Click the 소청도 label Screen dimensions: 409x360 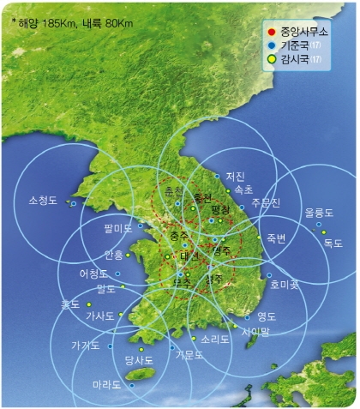tap(43, 202)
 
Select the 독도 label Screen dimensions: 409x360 tap(332, 243)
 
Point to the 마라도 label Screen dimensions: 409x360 tap(106, 384)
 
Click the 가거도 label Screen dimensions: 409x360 tap(85, 346)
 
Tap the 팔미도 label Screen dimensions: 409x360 tap(118, 228)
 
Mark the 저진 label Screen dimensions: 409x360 tap(235, 176)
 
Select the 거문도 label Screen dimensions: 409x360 tap(189, 353)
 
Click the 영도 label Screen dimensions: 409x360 tap(266, 316)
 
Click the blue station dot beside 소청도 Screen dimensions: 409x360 tap(74, 203)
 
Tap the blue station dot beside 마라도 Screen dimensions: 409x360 tap(131, 385)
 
